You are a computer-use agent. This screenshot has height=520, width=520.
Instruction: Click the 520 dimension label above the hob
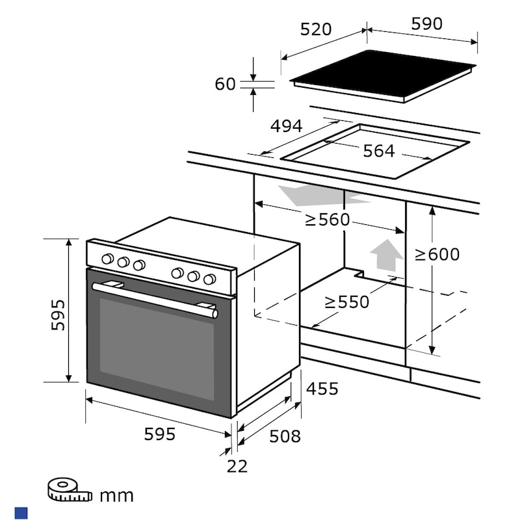(316, 29)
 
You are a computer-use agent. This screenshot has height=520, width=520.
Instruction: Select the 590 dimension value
(426, 23)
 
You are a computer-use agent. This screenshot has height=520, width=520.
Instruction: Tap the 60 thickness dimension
(225, 84)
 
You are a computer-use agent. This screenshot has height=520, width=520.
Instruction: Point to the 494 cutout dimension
(287, 126)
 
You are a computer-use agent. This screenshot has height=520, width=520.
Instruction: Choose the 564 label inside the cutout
(378, 151)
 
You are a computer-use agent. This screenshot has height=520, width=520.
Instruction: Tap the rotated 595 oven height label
(59, 314)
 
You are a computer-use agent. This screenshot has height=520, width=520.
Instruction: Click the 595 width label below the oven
(160, 434)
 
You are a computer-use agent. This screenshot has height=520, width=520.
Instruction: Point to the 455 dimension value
(322, 389)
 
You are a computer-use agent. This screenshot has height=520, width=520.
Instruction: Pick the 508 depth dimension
(285, 435)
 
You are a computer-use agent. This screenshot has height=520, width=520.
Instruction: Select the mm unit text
(116, 496)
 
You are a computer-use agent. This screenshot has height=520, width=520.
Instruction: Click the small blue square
(21, 513)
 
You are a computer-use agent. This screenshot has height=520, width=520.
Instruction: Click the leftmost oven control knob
(108, 259)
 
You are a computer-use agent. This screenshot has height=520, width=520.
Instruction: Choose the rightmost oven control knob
(209, 279)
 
